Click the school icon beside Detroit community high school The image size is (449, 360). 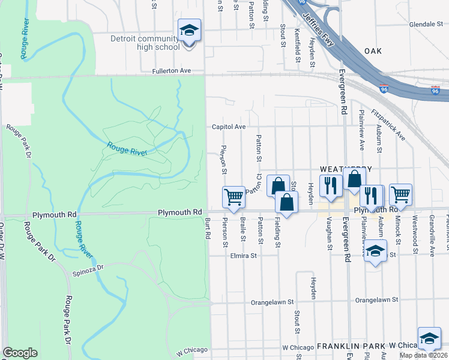(189, 30)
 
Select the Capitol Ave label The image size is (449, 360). (228, 127)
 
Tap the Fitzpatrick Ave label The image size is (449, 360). (388, 125)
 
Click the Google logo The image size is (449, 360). (20, 353)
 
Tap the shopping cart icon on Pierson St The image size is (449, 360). (234, 197)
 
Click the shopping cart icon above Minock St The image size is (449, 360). (400, 194)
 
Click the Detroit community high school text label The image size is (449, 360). (145, 43)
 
